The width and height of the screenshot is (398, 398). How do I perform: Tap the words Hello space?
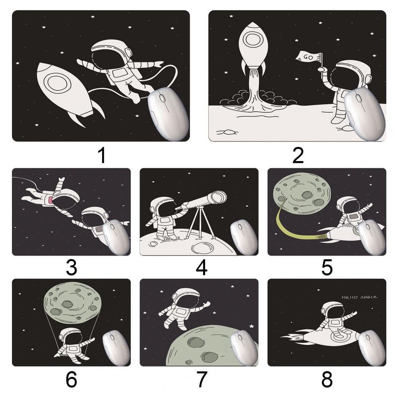click(359, 297)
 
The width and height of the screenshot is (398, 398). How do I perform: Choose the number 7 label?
click(202, 379)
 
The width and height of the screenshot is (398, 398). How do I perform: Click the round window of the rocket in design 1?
click(58, 83)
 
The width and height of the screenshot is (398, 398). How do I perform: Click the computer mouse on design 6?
click(116, 348)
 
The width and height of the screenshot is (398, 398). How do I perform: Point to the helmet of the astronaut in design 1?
click(112, 52)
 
